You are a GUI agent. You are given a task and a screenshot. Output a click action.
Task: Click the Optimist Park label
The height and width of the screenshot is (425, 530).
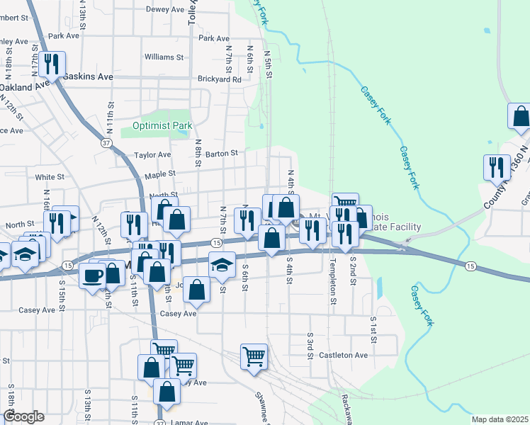(x=162, y=126)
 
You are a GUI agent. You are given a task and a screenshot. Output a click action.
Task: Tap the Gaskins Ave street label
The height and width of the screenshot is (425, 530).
(x=88, y=76)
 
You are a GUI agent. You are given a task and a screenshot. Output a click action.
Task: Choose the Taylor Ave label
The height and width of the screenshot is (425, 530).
(x=153, y=154)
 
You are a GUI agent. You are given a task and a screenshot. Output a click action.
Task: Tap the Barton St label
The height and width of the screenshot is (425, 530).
(x=222, y=152)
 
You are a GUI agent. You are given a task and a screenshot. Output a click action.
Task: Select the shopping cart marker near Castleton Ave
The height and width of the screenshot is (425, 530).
(x=254, y=357)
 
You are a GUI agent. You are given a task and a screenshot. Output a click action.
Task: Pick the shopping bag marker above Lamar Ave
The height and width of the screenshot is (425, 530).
(x=167, y=392)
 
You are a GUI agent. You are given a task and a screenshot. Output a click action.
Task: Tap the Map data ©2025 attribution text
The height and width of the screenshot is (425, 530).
(x=500, y=419)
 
